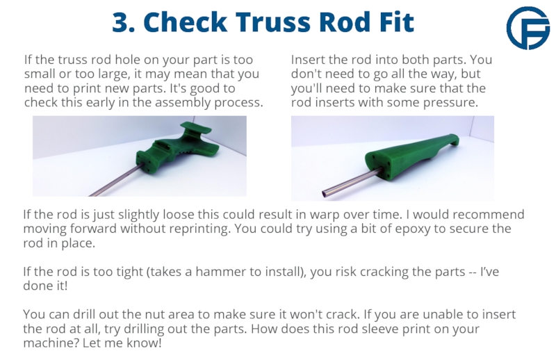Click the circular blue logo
click(528, 28)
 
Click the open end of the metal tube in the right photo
click(325, 194)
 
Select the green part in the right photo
click(411, 156)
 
